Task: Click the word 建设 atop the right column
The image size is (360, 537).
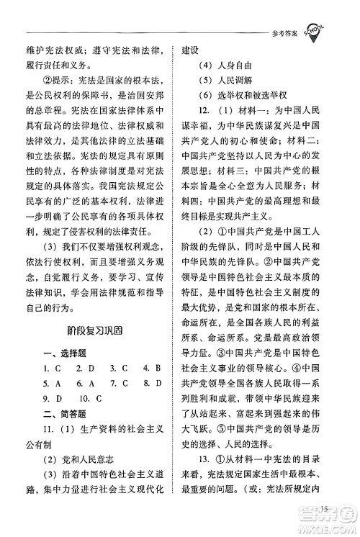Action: [x=192, y=55]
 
